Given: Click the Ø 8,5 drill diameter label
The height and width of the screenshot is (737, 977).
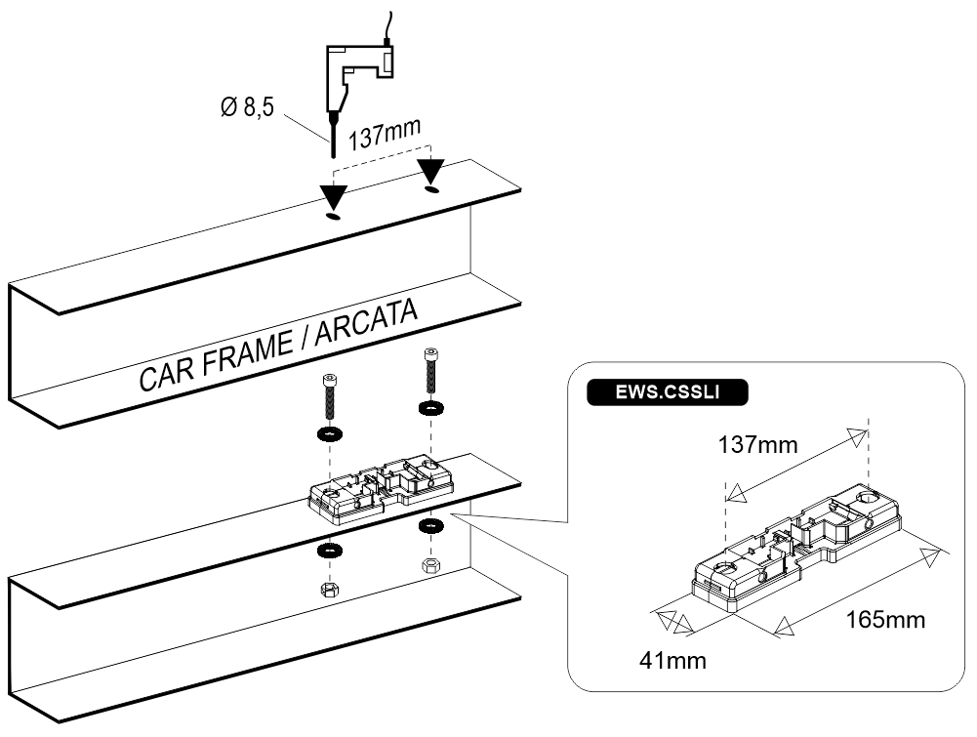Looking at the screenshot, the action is point(247,107).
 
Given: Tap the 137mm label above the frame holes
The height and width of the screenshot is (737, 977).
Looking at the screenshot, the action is point(385,134).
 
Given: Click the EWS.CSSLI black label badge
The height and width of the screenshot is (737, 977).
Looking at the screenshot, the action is point(668,391).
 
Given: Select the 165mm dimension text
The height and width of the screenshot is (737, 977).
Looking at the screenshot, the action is point(885,619).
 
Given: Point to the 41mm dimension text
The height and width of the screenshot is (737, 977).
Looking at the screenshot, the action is point(672,661).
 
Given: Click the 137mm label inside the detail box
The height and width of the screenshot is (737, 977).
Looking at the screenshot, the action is point(757,445).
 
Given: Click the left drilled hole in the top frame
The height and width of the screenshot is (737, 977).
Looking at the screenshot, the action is point(335,216).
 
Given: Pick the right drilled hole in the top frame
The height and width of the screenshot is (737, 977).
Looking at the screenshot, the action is point(431,188).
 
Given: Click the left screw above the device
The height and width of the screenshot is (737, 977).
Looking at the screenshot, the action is point(329,397).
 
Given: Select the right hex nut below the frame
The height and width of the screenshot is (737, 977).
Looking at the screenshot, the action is point(429,566).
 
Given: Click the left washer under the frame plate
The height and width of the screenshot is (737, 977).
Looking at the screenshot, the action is point(330,551).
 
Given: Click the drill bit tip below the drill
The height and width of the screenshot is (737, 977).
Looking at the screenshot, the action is point(333,157).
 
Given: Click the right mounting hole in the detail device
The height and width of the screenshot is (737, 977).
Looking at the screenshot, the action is point(868,497).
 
